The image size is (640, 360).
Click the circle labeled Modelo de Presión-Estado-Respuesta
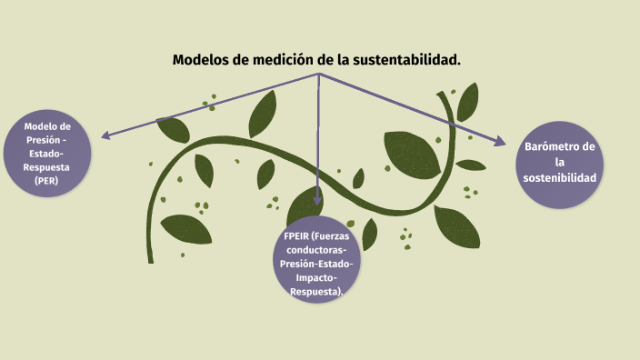point(46,154)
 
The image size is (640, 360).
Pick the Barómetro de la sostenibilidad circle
point(560,163)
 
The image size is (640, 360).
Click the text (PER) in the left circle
point(46,181)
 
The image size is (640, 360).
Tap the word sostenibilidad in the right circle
point(560,177)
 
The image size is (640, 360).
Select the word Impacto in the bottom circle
point(315,277)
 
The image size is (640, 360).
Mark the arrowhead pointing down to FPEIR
point(317,199)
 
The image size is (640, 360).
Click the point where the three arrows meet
point(318,74)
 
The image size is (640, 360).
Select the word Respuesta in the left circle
point(46,167)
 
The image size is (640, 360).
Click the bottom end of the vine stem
point(151,261)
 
